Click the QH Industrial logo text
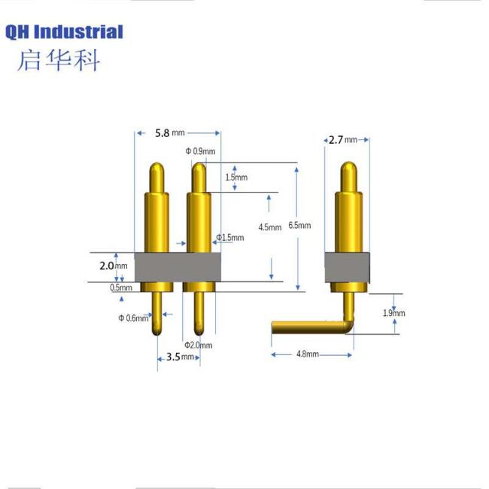click(x=64, y=32)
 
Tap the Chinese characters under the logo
click(x=58, y=60)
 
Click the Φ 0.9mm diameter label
click(x=200, y=151)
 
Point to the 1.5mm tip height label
click(x=235, y=177)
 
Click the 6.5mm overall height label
click(x=299, y=225)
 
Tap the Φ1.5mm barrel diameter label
click(x=230, y=238)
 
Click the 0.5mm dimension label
click(x=121, y=287)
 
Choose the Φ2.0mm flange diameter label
click(x=199, y=345)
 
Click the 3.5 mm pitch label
click(x=178, y=357)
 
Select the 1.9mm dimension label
click(x=393, y=313)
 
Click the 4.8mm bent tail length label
click(x=307, y=354)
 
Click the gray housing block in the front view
click(x=178, y=266)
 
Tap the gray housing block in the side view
click(x=348, y=266)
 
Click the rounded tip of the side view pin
click(x=348, y=167)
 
